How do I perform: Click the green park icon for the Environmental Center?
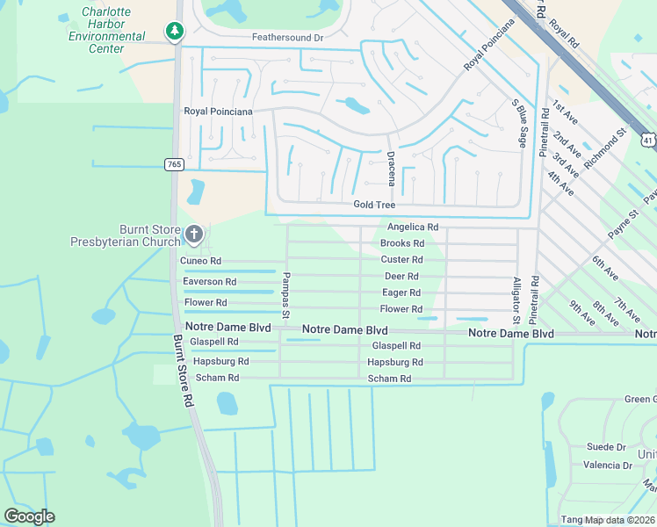(x=175, y=32)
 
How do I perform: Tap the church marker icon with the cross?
(x=194, y=235)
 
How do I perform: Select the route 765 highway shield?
(x=173, y=164)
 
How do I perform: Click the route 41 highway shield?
(x=647, y=140)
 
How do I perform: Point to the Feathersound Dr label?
(x=287, y=38)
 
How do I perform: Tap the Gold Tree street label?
(x=374, y=205)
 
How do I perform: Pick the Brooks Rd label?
(x=402, y=243)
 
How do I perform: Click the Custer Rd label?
(x=401, y=260)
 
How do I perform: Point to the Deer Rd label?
(x=401, y=276)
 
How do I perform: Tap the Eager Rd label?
(x=401, y=292)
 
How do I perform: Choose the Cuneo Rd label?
(x=201, y=261)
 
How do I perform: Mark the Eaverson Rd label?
(x=209, y=282)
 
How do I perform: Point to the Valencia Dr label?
(x=608, y=466)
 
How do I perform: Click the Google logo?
(x=29, y=516)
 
